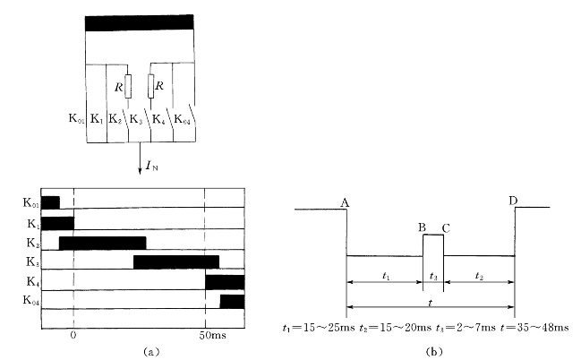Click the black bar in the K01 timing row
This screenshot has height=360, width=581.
50,202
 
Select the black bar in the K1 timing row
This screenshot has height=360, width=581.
57,222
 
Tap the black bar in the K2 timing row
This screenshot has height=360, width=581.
102,243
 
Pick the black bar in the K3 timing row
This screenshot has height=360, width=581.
176,262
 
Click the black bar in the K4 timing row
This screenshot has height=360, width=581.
225,282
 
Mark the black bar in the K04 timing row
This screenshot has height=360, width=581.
232,302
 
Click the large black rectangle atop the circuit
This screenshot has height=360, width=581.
139,22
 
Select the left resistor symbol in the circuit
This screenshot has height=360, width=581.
128,87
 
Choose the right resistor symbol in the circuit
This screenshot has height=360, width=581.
150,87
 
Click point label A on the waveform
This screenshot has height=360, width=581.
344,203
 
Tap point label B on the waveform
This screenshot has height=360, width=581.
422,227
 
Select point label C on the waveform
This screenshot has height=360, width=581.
445,227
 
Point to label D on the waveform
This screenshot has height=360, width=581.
513,200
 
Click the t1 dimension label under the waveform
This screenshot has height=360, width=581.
384,275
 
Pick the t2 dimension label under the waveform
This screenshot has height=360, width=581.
479,275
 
